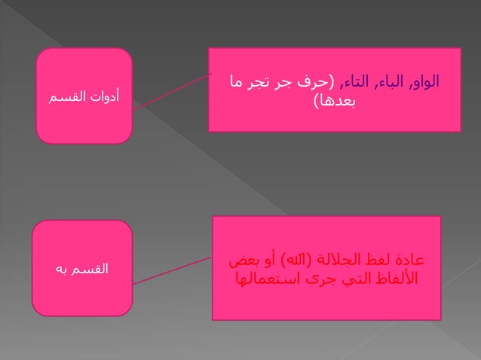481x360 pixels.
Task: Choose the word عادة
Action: point(408,261)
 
